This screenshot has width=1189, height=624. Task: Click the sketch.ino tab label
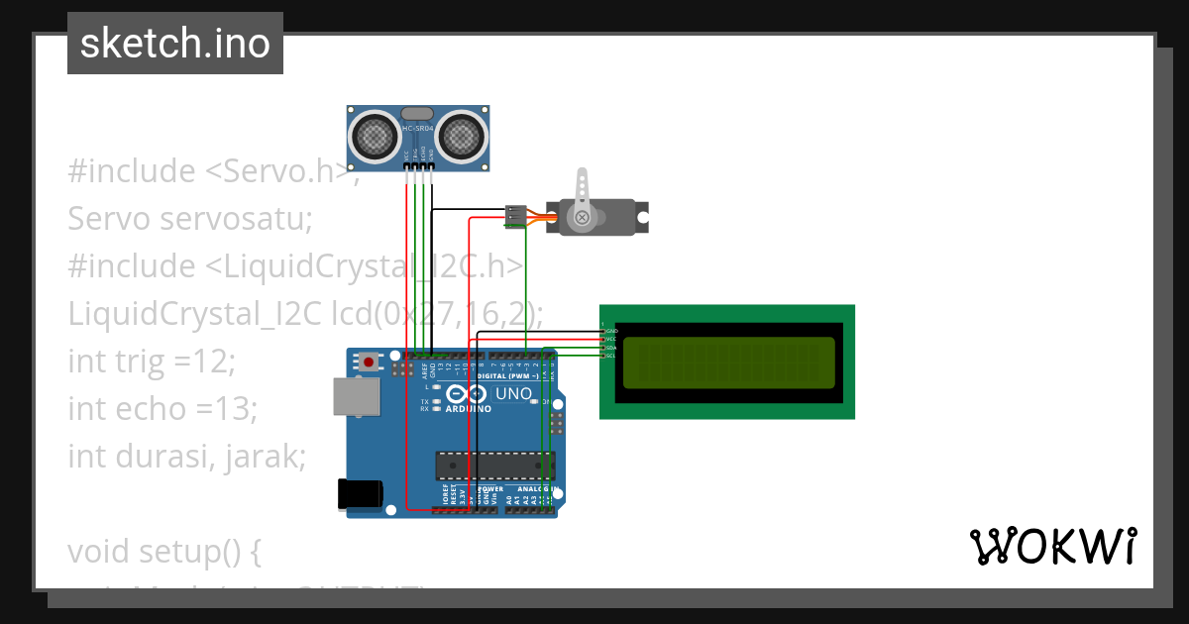pyautogui.click(x=174, y=44)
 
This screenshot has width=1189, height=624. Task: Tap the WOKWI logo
pyautogui.click(x=1052, y=546)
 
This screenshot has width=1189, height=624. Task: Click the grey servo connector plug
pyautogui.click(x=515, y=215)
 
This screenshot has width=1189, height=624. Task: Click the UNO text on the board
pyautogui.click(x=513, y=393)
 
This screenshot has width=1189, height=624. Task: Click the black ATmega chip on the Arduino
pyautogui.click(x=493, y=465)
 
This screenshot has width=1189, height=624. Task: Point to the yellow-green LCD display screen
pyautogui.click(x=728, y=362)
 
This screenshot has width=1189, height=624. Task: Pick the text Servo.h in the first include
pyautogui.click(x=286, y=170)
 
